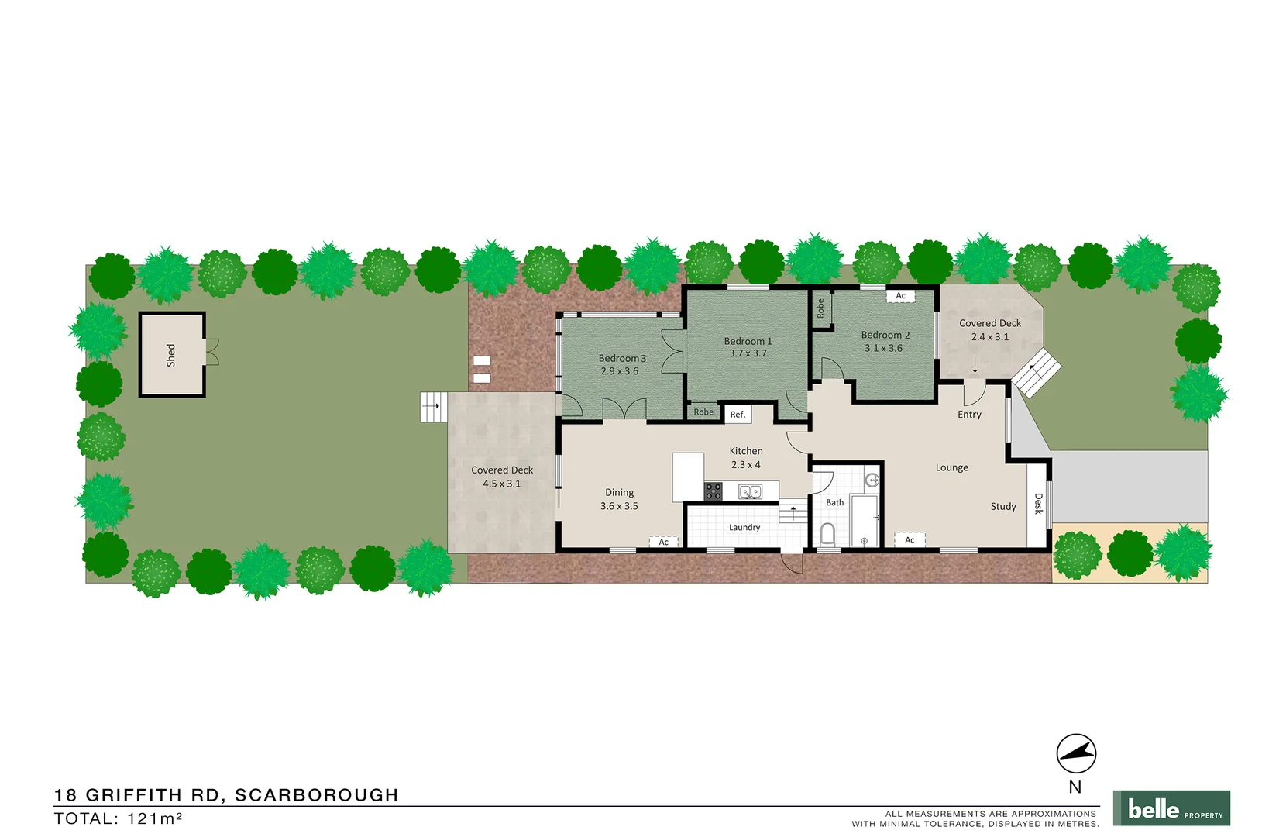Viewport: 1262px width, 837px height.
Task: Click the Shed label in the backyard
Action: tap(170, 355)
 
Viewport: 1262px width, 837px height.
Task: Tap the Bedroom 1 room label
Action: tap(748, 341)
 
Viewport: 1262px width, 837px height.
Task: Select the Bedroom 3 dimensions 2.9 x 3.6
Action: tap(619, 371)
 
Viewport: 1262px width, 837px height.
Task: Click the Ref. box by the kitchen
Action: tap(738, 415)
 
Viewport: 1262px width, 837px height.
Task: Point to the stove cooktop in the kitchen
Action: tap(713, 491)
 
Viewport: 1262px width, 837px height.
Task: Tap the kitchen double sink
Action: tap(749, 491)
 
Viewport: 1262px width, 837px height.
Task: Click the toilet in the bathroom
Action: tap(827, 534)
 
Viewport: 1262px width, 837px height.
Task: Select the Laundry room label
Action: tap(744, 528)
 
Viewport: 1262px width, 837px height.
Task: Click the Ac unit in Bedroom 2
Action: tap(900, 296)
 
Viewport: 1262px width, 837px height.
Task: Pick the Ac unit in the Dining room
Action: tap(663, 542)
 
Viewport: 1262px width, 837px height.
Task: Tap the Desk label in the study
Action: tap(1038, 504)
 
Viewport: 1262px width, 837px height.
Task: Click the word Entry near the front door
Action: tap(969, 415)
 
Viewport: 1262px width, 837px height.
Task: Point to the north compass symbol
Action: tap(1076, 753)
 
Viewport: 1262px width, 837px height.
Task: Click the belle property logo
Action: tap(1171, 808)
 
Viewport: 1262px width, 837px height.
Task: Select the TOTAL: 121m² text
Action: tap(118, 818)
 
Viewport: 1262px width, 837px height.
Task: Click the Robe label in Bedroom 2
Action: tap(820, 308)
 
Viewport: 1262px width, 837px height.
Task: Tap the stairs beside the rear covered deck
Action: tap(433, 407)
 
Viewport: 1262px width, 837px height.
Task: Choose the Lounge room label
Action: tap(951, 467)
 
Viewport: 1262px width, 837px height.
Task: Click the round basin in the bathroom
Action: tap(872, 480)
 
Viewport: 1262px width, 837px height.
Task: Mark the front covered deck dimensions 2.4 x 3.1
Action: tap(989, 337)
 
